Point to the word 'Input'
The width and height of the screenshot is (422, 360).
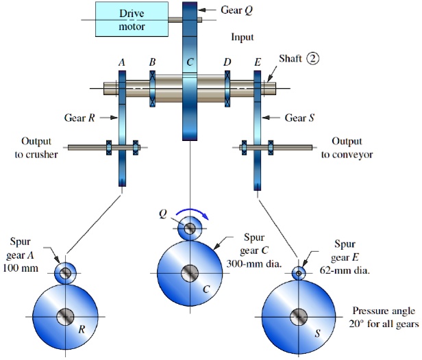[243, 37]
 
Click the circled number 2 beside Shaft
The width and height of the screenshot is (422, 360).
[313, 59]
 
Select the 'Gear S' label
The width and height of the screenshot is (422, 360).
[299, 118]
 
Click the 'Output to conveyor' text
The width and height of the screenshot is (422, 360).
[346, 148]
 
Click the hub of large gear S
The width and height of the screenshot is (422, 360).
[299, 317]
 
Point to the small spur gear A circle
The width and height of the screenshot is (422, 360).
[66, 273]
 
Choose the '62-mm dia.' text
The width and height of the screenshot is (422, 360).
[345, 270]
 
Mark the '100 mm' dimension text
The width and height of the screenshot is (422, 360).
[24, 268]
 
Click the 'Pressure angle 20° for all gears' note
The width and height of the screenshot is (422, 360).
[382, 316]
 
